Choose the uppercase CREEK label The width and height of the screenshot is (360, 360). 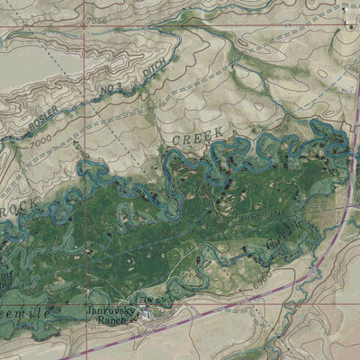click(x=197, y=137)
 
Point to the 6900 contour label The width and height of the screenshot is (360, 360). click(x=262, y=282)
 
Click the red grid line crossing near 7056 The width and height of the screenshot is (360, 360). click(x=84, y=26)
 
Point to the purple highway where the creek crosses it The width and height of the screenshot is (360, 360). click(x=349, y=157)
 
